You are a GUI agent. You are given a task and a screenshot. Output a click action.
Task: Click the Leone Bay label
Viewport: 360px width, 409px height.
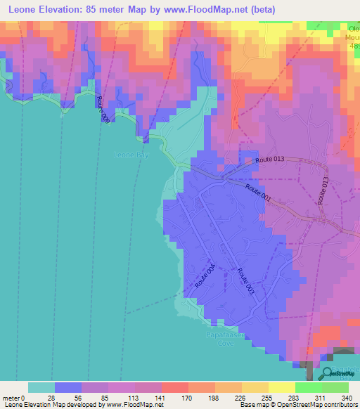tap(132, 155)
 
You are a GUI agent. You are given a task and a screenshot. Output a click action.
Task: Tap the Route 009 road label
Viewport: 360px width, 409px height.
tap(103, 111)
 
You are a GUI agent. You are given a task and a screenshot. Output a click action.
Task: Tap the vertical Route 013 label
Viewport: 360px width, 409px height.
tap(323, 190)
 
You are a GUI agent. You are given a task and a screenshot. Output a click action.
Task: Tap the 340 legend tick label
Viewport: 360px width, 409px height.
tap(347, 397)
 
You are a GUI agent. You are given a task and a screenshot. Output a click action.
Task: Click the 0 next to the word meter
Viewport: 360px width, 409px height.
tap(23, 397)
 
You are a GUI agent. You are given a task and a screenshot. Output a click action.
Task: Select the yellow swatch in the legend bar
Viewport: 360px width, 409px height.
tap(282, 387)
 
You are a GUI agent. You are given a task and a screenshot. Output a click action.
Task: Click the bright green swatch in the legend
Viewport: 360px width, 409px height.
tap(309, 387)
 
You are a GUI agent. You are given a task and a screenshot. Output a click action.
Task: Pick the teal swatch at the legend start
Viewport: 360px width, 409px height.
tap(41, 387)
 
